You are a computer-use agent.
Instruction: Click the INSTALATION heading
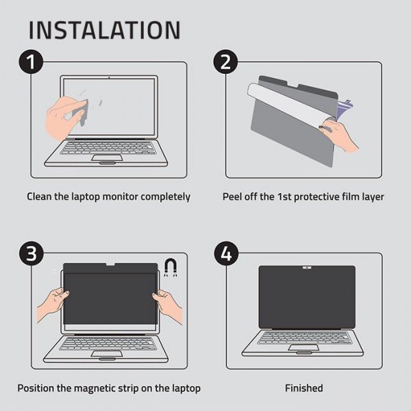click(x=105, y=29)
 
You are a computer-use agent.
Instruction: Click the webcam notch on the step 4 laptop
click(x=306, y=267)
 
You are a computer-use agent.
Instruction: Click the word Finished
click(x=304, y=388)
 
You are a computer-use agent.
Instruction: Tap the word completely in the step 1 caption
click(x=165, y=197)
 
